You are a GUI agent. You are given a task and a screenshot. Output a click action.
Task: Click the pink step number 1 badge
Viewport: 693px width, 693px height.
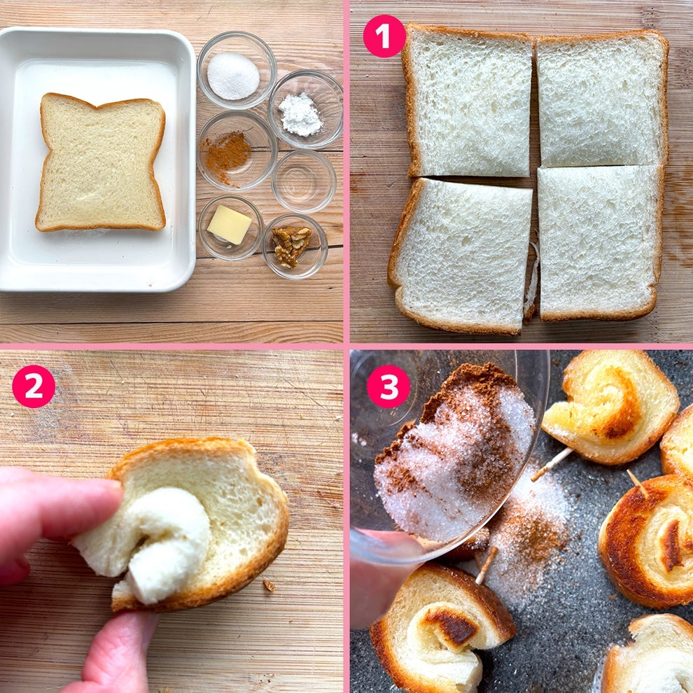click(x=384, y=36)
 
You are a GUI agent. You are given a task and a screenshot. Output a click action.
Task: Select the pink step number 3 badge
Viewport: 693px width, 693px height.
click(x=388, y=386)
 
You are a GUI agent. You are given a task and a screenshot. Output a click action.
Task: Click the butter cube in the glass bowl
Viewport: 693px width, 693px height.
click(x=229, y=224)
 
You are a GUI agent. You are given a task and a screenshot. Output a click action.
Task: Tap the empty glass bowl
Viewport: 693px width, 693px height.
click(x=304, y=181)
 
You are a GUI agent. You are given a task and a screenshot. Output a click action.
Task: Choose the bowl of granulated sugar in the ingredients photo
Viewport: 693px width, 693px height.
click(x=237, y=70)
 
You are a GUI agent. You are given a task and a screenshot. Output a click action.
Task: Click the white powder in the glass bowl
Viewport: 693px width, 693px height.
click(x=300, y=115)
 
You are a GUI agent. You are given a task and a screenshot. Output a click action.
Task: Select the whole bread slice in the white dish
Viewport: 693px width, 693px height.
click(x=101, y=162)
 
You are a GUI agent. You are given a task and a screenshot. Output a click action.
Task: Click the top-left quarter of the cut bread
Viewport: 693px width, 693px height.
click(x=468, y=101)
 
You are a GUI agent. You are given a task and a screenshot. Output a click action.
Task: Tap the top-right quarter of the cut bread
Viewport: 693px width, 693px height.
click(x=602, y=99)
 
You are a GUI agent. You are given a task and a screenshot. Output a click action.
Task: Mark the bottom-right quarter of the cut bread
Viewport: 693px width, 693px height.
click(x=599, y=243)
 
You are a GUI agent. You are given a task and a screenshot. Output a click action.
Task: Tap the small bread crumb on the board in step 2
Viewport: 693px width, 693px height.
click(x=268, y=585)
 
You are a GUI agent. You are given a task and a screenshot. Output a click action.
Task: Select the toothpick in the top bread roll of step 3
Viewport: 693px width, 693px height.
click(x=552, y=464)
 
